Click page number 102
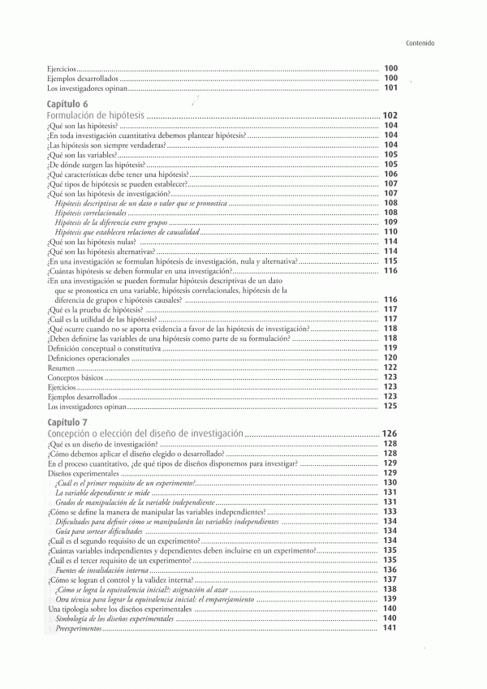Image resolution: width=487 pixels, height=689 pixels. point(390,116)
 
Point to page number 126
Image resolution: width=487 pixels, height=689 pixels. point(390,434)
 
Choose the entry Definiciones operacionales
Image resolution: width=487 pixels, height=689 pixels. point(84,358)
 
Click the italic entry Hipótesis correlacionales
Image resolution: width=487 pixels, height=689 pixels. point(96,213)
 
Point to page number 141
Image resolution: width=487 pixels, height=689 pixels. point(390,629)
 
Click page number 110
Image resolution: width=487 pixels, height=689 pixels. point(390,232)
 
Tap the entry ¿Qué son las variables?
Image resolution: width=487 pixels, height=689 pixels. point(83,154)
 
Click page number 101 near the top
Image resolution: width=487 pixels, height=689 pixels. point(390,88)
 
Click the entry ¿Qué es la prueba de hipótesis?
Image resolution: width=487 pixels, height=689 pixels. point(96,310)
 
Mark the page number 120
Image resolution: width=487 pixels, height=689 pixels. point(390,358)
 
